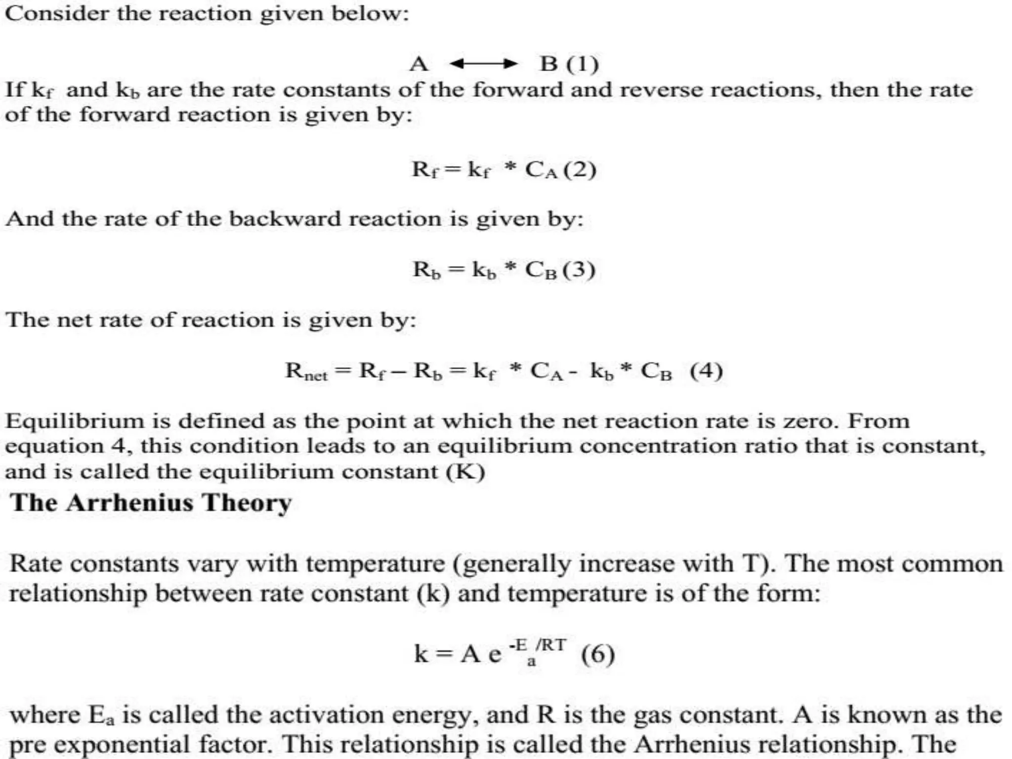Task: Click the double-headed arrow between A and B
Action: click(x=483, y=64)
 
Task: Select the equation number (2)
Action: click(x=580, y=169)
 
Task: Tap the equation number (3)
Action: click(x=579, y=270)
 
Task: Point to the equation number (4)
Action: click(x=706, y=371)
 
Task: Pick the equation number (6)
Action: click(x=598, y=655)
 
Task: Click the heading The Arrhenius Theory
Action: click(x=151, y=503)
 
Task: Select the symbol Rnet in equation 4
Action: click(x=306, y=371)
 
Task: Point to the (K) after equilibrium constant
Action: click(x=465, y=472)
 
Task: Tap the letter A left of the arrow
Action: click(x=419, y=64)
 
